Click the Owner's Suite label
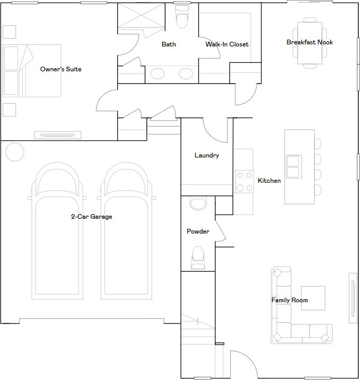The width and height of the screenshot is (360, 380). tap(61, 69)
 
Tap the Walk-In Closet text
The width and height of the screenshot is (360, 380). tap(227, 44)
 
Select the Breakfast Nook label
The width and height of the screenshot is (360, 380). tap(310, 42)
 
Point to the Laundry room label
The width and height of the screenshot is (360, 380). tap(207, 155)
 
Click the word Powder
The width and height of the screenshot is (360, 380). tap(198, 231)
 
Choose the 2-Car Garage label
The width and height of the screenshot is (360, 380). tap(91, 217)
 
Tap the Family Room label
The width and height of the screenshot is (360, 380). tap(290, 300)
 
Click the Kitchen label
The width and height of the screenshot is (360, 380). tap(269, 181)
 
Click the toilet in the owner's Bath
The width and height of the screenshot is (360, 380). tap(182, 16)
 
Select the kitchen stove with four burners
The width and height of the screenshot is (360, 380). tap(244, 181)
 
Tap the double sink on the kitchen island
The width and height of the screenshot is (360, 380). tap(294, 166)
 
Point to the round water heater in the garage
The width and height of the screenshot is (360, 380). tap(15, 152)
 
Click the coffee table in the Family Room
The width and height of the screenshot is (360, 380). tap(313, 298)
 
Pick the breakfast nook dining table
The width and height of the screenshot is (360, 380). tap(310, 43)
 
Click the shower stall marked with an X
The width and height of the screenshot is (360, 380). tap(141, 16)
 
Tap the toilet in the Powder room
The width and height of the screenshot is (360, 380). tap(198, 258)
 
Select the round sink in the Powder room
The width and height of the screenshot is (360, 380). tap(198, 203)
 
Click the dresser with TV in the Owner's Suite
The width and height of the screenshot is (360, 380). tap(58, 135)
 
